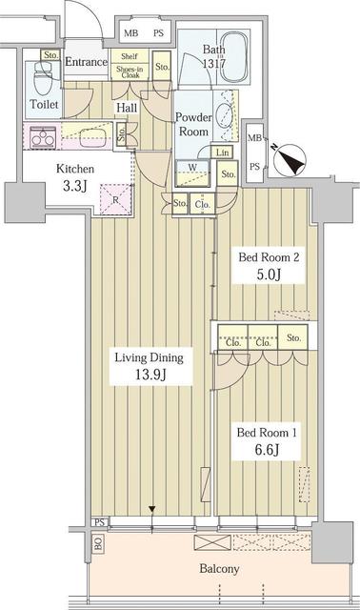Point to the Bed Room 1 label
pyautogui.click(x=270, y=440)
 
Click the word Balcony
pyautogui.click(x=219, y=569)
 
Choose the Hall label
pyautogui.click(x=127, y=109)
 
